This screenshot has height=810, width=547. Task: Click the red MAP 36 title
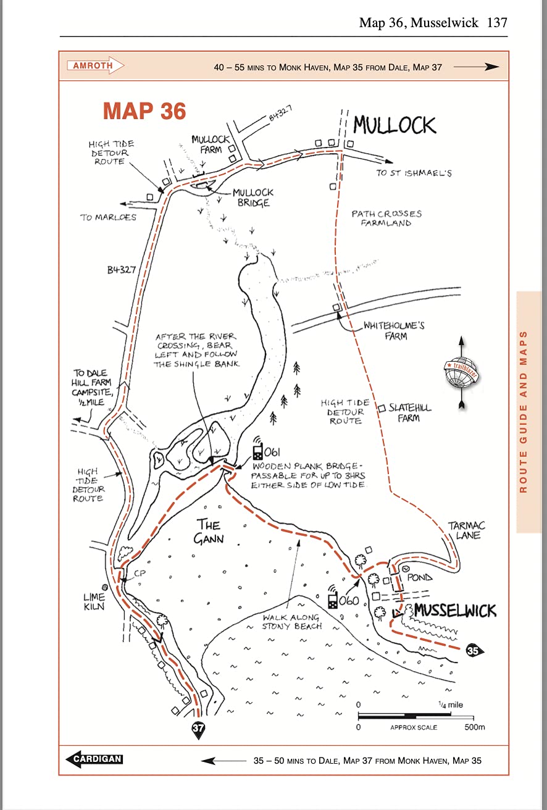click(144, 111)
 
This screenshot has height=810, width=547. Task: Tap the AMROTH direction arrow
click(94, 65)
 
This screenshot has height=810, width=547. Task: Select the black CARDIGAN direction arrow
click(94, 759)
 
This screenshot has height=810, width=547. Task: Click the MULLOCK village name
click(395, 125)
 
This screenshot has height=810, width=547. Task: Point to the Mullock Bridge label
click(253, 198)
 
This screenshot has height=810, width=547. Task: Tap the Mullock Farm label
click(210, 144)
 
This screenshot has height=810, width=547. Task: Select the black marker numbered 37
click(198, 729)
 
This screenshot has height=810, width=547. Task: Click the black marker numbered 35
click(474, 650)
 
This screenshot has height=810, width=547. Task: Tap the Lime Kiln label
click(94, 602)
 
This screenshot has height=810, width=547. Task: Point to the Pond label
click(420, 578)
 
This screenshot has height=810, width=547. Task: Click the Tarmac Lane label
click(466, 530)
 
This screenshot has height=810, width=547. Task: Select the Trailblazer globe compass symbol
click(462, 372)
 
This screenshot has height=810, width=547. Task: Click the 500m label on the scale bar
click(475, 727)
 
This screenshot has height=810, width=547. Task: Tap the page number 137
click(497, 23)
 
